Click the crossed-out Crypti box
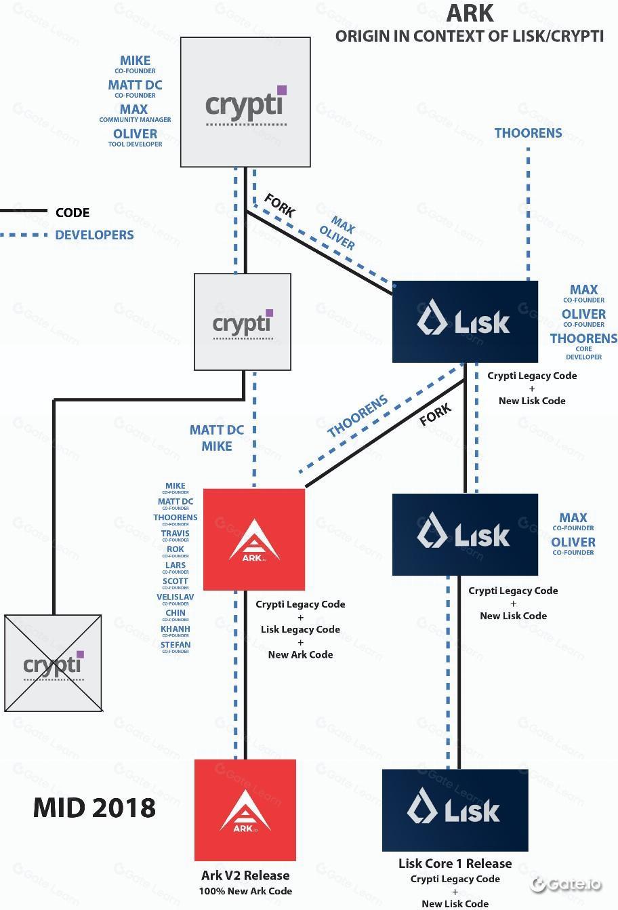[x=54, y=663]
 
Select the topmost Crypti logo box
[x=245, y=102]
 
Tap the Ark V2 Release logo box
[x=245, y=810]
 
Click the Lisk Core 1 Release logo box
[x=455, y=810]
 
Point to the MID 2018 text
[x=94, y=808]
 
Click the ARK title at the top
[x=470, y=13]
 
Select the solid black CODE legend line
[x=24, y=212]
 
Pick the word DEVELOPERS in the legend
[x=94, y=235]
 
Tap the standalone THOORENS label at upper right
[x=528, y=133]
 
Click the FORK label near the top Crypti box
[x=279, y=205]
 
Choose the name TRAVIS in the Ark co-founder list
[x=175, y=533]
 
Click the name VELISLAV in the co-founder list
[x=175, y=597]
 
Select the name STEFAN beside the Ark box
[x=175, y=645]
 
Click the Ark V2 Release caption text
[x=245, y=875]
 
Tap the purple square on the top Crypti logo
[x=282, y=90]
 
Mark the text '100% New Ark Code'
[x=245, y=891]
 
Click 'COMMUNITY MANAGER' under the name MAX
[x=135, y=120]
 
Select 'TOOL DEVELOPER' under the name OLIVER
[x=135, y=144]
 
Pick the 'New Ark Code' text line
[x=300, y=654]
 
